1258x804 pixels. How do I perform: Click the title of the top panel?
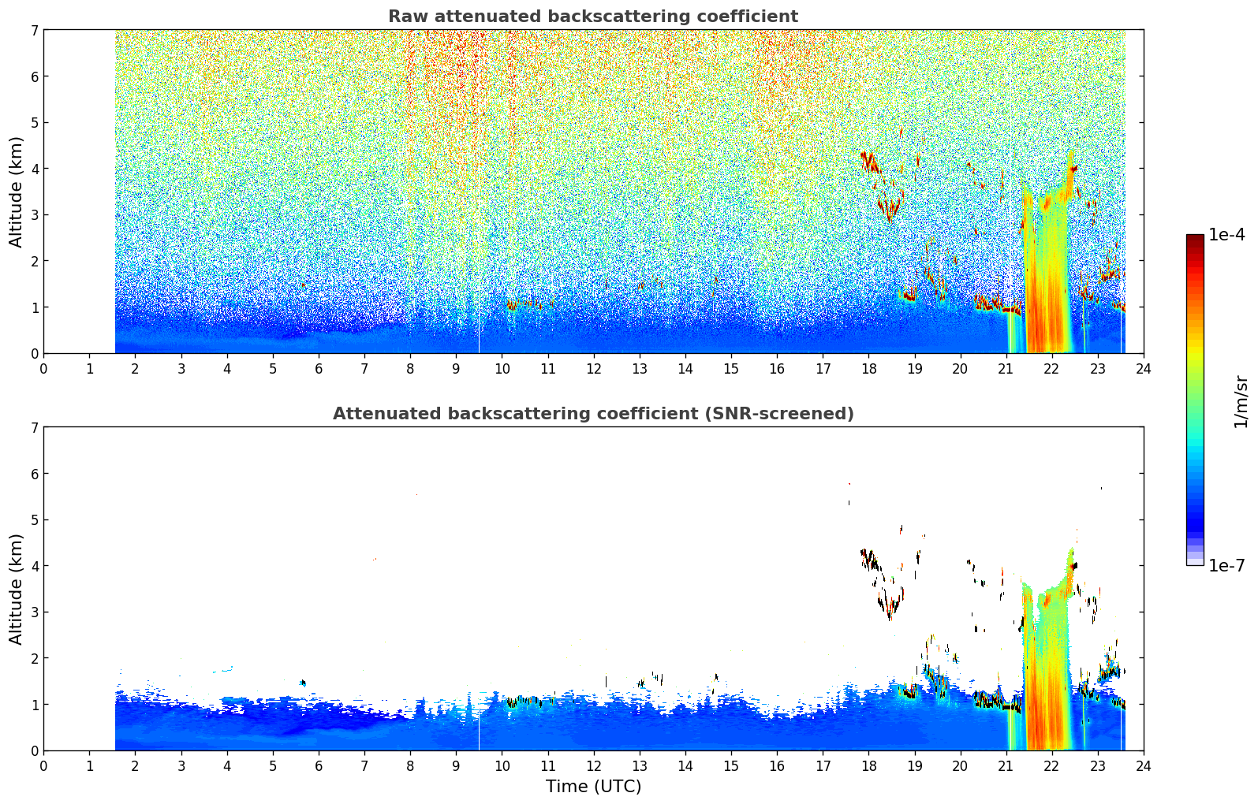point(593,17)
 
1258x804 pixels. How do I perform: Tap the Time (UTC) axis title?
point(593,786)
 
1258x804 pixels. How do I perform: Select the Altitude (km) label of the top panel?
point(16,192)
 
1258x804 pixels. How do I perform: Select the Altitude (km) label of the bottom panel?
point(16,589)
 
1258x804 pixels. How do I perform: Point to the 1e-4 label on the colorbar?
point(1226,235)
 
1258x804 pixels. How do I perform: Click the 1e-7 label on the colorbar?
point(1226,565)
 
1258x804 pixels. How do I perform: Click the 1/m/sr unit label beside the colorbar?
point(1241,402)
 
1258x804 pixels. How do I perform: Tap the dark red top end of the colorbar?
point(1195,237)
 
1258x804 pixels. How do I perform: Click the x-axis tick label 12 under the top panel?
point(594,370)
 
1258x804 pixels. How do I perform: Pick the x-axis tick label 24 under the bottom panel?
point(1144,766)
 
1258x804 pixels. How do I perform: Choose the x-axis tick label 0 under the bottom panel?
point(44,766)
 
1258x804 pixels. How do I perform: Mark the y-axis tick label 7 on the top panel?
point(34,30)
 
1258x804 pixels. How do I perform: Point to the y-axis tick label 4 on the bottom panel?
point(34,566)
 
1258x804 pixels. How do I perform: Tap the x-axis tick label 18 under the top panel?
point(869,370)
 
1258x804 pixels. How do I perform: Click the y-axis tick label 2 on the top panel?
point(34,261)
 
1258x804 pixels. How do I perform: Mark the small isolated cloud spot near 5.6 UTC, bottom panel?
point(304,683)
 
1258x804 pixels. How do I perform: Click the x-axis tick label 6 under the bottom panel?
point(319,766)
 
